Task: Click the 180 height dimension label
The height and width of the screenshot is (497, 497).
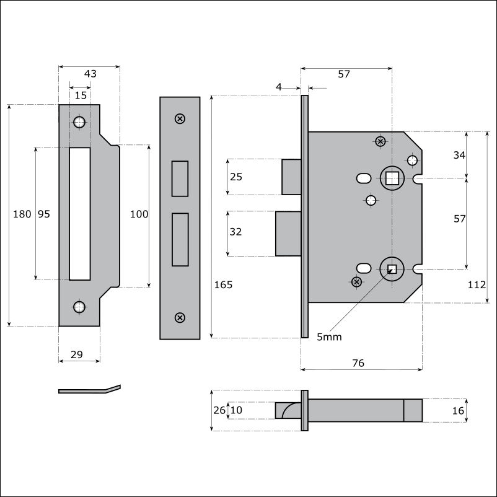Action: pos(22,214)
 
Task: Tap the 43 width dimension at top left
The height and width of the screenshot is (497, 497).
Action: pos(90,74)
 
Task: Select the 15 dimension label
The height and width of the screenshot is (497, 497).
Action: pos(81,95)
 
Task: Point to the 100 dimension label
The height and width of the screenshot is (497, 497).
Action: pos(139,214)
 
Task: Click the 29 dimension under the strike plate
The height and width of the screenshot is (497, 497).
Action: pos(77,354)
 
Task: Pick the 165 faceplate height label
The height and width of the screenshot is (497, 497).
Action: pos(223,284)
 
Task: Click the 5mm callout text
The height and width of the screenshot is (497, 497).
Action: pos(329,336)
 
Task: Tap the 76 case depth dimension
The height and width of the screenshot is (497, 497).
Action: pos(358,363)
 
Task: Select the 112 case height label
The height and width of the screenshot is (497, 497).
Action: pos(477,284)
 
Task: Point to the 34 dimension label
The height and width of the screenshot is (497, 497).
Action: pos(459,155)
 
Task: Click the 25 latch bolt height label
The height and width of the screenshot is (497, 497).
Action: pos(236,177)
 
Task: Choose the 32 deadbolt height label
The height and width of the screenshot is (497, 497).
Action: pos(235,232)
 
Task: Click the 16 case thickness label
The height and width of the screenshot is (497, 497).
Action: pos(458,411)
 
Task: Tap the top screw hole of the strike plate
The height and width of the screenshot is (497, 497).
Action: pos(79,122)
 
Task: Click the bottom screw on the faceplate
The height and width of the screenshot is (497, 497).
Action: pos(180,318)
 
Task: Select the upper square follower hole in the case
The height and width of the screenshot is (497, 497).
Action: pos(392,178)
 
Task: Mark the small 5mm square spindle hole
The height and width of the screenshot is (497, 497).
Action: pos(392,269)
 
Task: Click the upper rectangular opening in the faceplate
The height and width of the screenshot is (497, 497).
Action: pos(180,178)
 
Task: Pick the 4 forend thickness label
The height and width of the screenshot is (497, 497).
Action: pos(279,87)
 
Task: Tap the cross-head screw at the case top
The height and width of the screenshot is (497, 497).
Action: pos(380,141)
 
